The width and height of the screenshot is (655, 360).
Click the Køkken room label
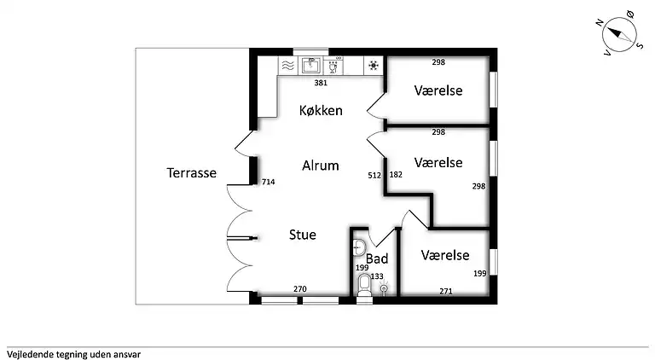point(321,110)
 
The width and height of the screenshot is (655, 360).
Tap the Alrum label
point(321,165)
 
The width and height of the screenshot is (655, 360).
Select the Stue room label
point(303,235)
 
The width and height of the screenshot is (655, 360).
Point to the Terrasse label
point(191,172)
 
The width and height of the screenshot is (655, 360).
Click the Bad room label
point(377,258)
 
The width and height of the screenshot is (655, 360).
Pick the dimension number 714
point(268,182)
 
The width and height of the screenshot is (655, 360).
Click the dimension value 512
point(374,175)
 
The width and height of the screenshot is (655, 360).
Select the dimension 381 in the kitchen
point(321,83)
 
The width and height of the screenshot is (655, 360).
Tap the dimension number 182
point(396,175)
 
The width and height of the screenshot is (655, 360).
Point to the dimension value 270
point(300,290)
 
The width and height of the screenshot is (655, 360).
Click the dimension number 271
point(446,291)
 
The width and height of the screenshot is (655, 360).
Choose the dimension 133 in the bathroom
point(377,276)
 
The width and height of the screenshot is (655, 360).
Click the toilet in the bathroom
point(364,284)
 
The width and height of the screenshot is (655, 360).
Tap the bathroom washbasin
point(358,247)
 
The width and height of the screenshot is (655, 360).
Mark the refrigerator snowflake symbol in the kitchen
point(373,65)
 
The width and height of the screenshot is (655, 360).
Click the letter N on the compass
point(600,22)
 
